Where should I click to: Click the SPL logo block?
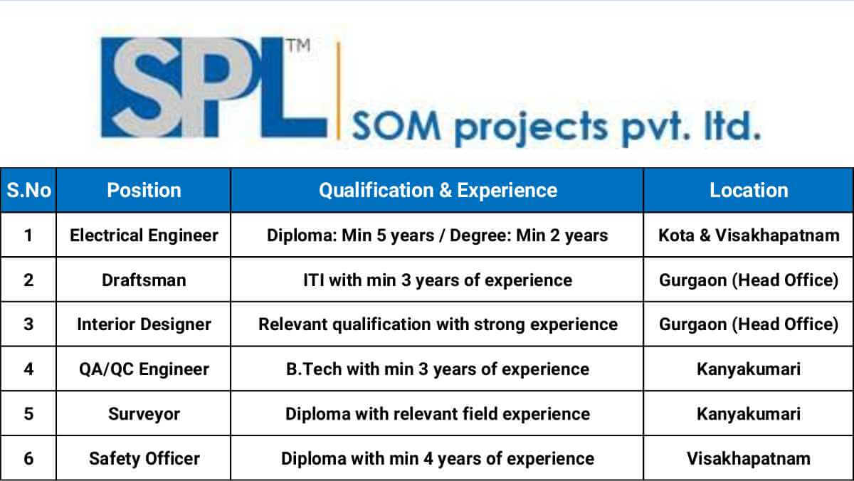tap(213, 88)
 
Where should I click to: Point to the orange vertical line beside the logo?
tap(338, 89)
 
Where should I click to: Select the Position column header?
tap(144, 190)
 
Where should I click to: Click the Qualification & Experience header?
tap(437, 190)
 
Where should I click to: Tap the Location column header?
tap(749, 190)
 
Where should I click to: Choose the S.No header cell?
tap(28, 190)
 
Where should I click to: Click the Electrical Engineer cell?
tap(144, 235)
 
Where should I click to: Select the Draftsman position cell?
tap(144, 280)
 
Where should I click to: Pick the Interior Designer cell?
tap(144, 324)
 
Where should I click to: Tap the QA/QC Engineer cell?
tap(144, 369)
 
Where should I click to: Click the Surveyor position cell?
tap(144, 414)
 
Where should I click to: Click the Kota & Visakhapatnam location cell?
tap(749, 235)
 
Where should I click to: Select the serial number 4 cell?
tap(28, 369)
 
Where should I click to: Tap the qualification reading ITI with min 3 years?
tap(437, 280)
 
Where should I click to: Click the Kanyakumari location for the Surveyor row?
tap(749, 414)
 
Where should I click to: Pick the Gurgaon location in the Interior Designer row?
tap(749, 324)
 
